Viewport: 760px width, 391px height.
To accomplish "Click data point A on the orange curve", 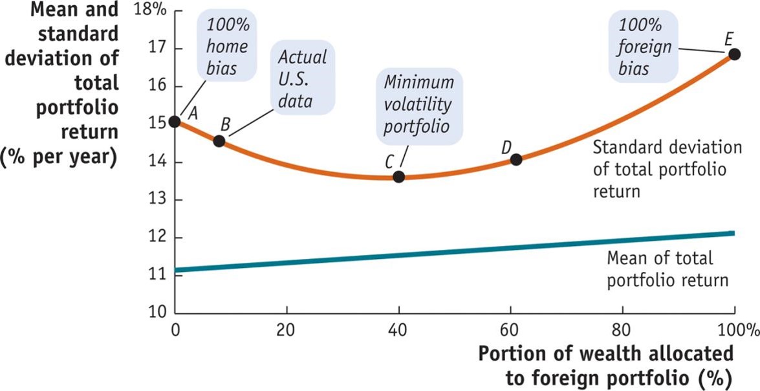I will (x=175, y=121).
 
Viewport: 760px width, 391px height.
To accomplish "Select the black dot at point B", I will (x=219, y=140).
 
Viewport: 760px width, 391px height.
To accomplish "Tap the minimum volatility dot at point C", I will (x=398, y=177).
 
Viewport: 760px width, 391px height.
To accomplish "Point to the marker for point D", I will (x=516, y=159).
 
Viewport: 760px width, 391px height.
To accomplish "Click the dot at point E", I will (x=734, y=54).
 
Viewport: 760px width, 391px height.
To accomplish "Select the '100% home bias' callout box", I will (x=228, y=45).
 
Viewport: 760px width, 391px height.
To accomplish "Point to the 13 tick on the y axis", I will (x=158, y=200).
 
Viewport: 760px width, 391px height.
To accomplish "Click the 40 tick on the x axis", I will (x=398, y=328).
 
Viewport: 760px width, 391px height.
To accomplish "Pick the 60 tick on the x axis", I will (x=510, y=328).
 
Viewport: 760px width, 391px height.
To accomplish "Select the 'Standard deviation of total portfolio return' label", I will (x=668, y=170).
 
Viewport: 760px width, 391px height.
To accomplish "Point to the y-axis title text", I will (x=61, y=84).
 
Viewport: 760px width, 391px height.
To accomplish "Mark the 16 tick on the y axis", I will (x=158, y=86).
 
